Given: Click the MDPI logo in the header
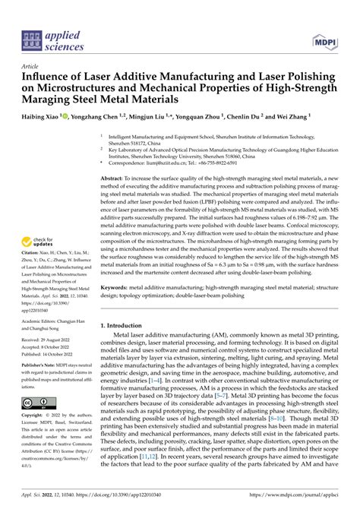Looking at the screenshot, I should (x=324, y=21).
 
